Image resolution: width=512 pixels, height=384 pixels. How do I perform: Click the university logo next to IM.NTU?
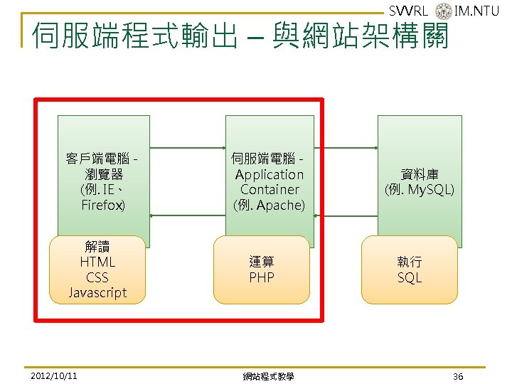(442, 11)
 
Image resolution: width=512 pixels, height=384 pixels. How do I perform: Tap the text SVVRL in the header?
(409, 11)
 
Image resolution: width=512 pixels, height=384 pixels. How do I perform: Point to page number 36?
(458, 375)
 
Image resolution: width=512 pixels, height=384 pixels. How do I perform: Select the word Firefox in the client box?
(103, 205)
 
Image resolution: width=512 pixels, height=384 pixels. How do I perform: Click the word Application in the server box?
(269, 174)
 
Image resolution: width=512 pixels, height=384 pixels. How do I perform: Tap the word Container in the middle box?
(270, 189)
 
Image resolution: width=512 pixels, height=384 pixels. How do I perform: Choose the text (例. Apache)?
(269, 205)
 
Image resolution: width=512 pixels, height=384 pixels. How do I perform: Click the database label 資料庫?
(419, 174)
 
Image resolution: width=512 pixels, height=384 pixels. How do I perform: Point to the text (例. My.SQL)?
(419, 190)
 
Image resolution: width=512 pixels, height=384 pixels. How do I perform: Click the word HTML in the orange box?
(97, 262)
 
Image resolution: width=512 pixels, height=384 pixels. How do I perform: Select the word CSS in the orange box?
(97, 277)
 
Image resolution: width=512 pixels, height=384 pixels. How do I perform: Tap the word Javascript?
(97, 292)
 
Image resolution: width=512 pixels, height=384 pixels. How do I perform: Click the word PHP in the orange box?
(262, 277)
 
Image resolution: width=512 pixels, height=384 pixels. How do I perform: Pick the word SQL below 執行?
(410, 277)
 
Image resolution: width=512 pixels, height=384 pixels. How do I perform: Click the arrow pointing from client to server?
(188, 148)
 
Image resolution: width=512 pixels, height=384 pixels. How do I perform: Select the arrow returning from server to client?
(188, 215)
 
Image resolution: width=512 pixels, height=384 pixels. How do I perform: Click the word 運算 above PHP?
(262, 262)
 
